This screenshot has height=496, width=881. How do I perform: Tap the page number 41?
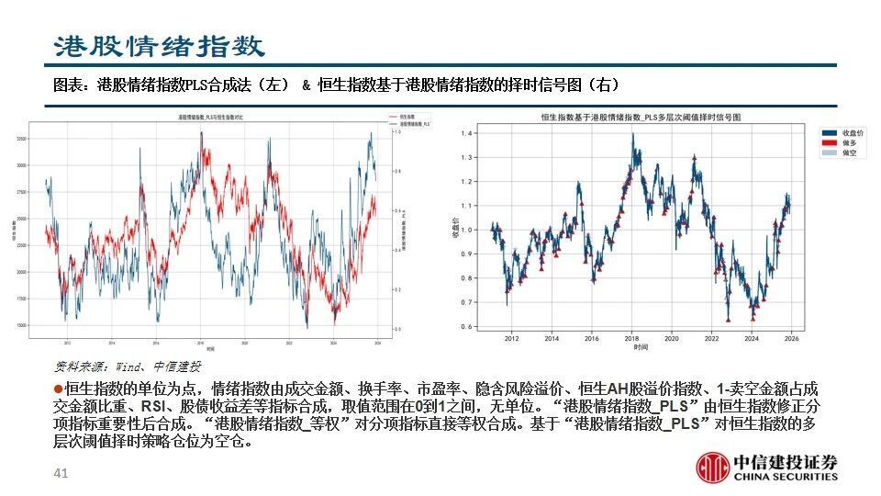tap(61, 474)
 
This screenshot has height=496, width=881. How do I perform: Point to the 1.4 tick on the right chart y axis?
tap(468, 134)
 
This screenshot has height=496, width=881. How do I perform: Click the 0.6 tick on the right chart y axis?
tap(468, 326)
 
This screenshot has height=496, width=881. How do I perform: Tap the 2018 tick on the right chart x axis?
tap(631, 339)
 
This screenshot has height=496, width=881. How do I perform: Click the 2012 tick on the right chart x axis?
tap(511, 339)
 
